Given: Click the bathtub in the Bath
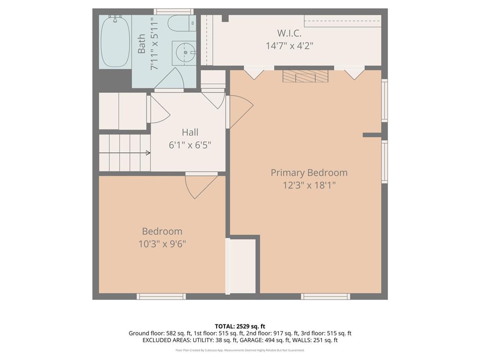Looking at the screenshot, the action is [x=115, y=42].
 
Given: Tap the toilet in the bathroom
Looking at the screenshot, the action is [x=182, y=23].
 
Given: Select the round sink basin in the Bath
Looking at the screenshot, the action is [x=186, y=52].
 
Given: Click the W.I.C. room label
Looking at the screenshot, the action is [x=289, y=33].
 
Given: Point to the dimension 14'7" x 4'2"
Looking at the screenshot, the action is [x=289, y=45].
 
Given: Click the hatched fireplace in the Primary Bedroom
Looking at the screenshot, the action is [x=305, y=76].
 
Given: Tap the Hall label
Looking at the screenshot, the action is [x=190, y=132].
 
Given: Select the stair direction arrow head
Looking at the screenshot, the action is [x=148, y=153].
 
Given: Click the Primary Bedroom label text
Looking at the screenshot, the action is [x=309, y=172].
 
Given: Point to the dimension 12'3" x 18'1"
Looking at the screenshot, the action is [x=309, y=185].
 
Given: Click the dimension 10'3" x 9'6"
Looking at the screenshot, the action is [x=162, y=244].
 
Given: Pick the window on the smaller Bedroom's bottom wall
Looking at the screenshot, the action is [x=161, y=296].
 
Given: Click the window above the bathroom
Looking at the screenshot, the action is [x=173, y=12].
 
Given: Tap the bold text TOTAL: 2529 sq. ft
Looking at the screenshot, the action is [x=240, y=326].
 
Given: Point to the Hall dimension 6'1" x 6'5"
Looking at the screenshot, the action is [x=190, y=145].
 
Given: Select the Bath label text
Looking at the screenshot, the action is [x=141, y=44].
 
